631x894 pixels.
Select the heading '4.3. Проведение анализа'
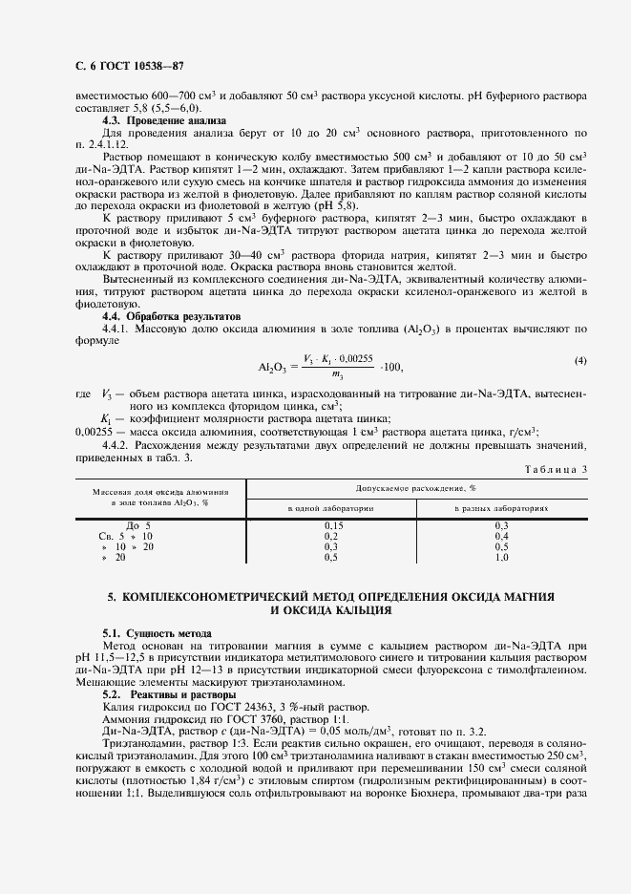tap(163, 121)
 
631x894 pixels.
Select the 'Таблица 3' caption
tap(557, 468)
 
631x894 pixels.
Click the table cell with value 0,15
tap(333, 526)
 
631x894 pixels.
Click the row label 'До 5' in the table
tap(138, 526)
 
